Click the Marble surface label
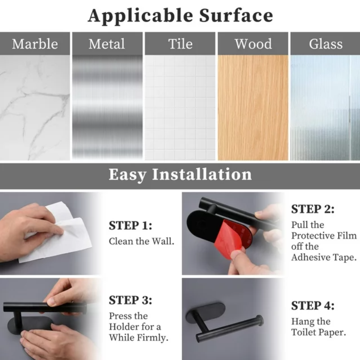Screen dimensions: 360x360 click(35, 44)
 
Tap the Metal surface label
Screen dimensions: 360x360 click(107, 44)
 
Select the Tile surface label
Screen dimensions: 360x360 click(181, 44)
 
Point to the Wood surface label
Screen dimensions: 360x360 click(253, 44)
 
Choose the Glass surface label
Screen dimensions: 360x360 click(326, 44)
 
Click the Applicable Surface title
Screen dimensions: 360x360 click(181, 16)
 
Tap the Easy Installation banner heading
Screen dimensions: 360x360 click(180, 175)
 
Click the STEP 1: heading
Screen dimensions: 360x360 click(131, 226)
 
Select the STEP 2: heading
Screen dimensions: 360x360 click(313, 209)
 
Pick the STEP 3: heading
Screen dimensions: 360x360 click(131, 300)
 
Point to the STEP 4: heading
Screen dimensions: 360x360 click(313, 305)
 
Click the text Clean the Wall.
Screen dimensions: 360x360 click(141, 241)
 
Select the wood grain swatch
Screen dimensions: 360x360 click(253, 107)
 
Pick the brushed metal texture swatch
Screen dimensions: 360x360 click(108, 107)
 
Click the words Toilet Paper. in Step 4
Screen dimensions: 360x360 click(318, 332)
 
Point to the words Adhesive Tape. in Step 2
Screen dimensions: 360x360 click(324, 258)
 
